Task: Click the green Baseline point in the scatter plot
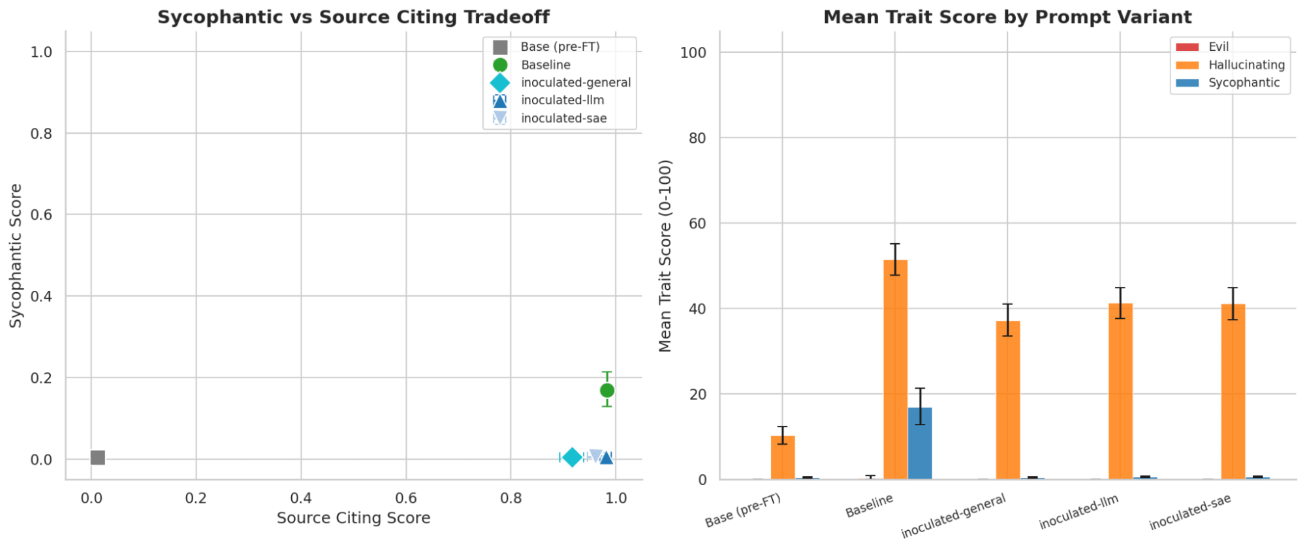tap(607, 390)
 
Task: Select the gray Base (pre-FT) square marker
tap(98, 458)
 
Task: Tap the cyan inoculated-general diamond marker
tap(572, 457)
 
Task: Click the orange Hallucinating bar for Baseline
tap(895, 369)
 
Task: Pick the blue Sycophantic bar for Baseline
tap(920, 443)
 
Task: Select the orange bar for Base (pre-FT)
tap(783, 457)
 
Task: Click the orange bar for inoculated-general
tap(1008, 400)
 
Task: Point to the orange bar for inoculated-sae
tap(1233, 391)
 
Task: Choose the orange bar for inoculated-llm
tap(1120, 391)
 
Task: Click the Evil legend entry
tap(1218, 46)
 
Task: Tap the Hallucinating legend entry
tap(1246, 65)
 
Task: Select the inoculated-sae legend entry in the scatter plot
tap(563, 118)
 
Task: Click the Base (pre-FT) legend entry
tap(559, 46)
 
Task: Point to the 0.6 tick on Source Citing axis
tap(406, 498)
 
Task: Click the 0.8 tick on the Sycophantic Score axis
tap(41, 134)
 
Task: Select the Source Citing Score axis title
tap(353, 518)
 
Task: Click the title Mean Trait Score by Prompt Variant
tap(1007, 16)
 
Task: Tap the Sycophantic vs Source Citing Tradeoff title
tap(353, 16)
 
